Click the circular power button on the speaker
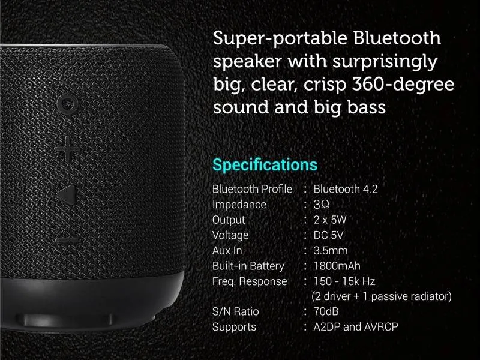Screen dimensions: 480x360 (67, 104)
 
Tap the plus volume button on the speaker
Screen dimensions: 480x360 (67, 149)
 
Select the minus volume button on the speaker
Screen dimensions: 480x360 (68, 241)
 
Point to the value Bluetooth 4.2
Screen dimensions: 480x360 (346, 189)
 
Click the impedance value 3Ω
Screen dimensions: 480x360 (321, 205)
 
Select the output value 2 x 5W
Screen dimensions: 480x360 (329, 220)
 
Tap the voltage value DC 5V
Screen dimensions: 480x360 (328, 235)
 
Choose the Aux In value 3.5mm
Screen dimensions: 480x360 (331, 251)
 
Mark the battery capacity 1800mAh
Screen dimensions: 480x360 (337, 266)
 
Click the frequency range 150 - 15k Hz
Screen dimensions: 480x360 (344, 281)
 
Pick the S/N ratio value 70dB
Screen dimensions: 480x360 (326, 311)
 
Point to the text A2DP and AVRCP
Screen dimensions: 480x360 (356, 327)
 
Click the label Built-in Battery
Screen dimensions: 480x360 (248, 266)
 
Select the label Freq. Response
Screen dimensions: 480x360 (250, 281)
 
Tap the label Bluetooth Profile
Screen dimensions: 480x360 (252, 189)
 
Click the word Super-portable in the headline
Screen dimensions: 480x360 (280, 39)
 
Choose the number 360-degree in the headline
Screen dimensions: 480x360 (403, 84)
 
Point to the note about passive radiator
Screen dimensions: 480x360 (382, 296)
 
